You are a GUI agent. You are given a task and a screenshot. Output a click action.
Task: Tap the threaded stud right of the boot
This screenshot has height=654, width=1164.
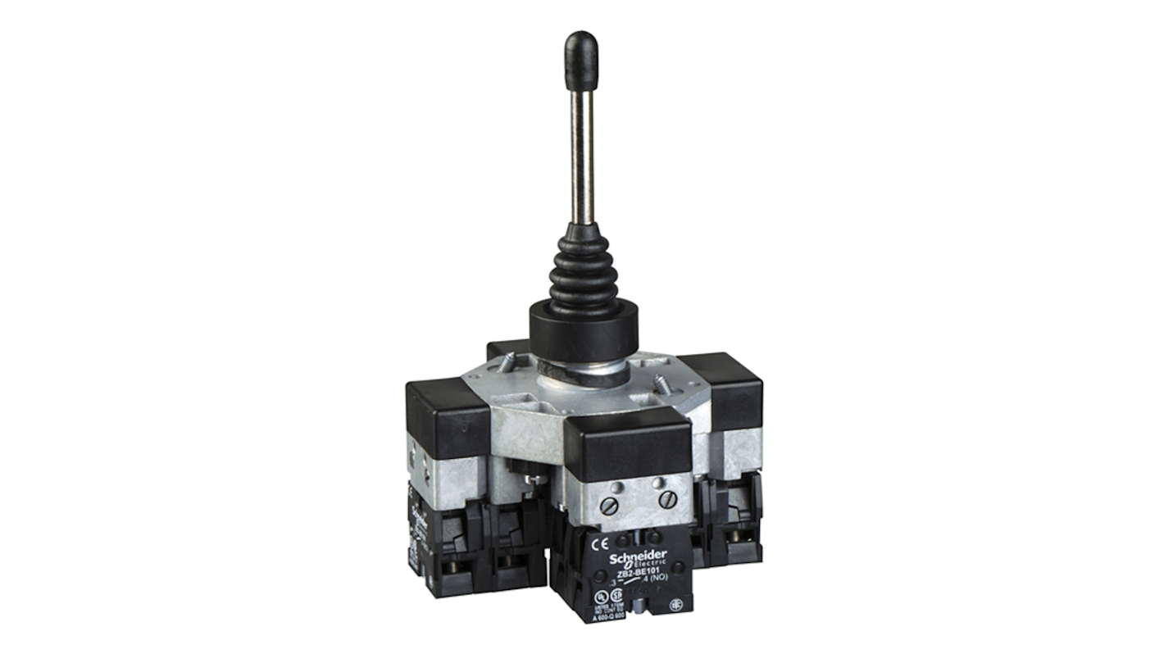coord(660,383)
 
